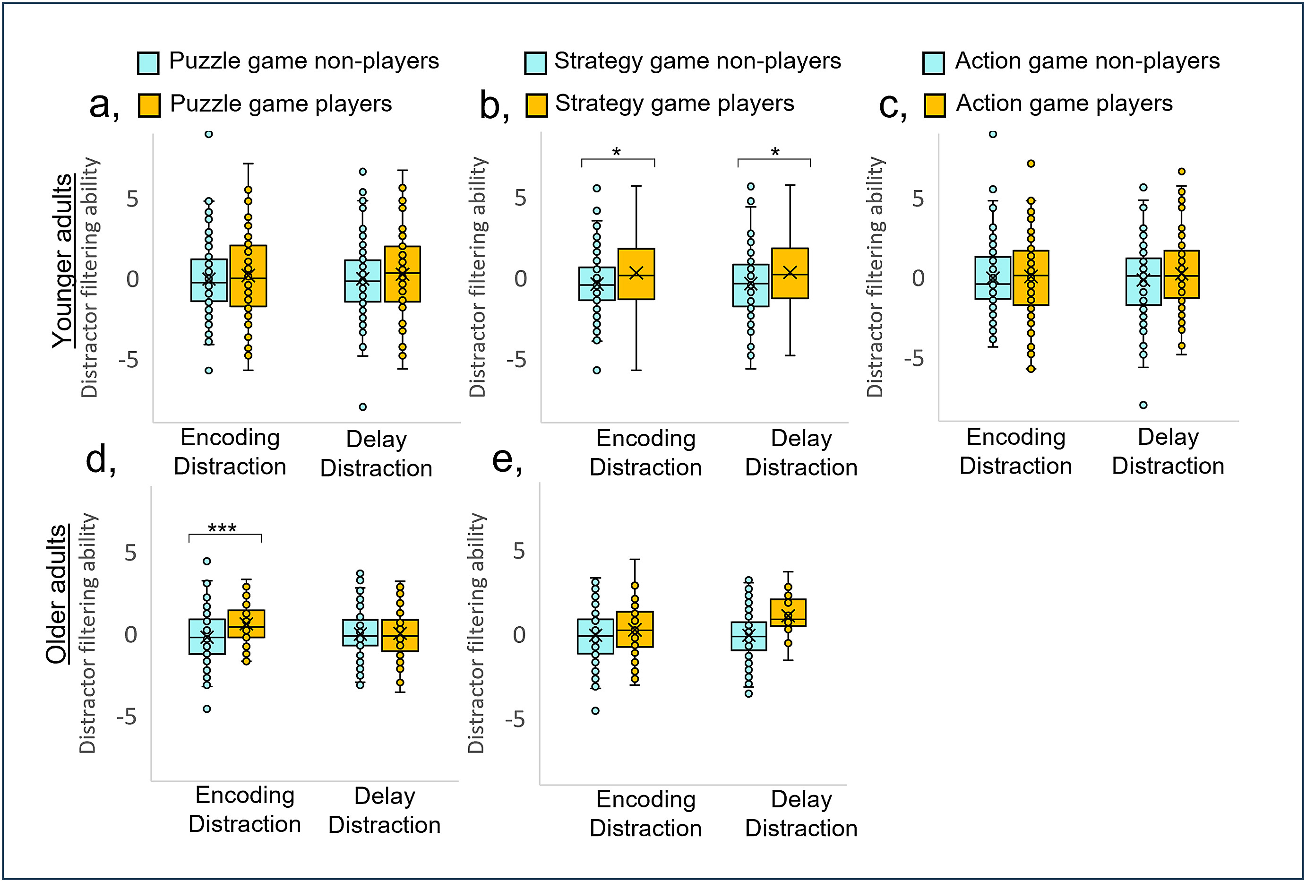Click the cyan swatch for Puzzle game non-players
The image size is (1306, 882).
148,63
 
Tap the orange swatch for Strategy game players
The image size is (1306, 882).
536,105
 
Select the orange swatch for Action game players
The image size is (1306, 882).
934,105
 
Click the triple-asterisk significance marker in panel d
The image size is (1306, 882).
222,528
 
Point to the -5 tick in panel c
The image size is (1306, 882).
914,358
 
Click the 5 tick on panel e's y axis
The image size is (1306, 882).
519,551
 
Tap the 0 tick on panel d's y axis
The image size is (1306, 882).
130,635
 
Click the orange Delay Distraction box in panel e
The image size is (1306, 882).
788,613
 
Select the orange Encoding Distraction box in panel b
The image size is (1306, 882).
636,274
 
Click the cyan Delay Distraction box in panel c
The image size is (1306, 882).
1143,282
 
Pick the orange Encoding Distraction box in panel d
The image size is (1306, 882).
246,623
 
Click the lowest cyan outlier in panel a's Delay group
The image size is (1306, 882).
363,406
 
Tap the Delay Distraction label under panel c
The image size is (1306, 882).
1168,451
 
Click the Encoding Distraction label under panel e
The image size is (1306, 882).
646,813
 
